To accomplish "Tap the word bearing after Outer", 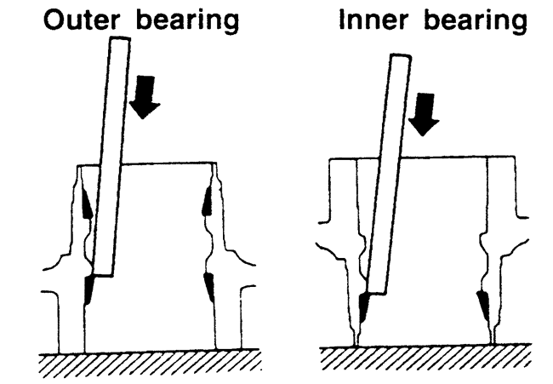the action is click(x=180, y=21).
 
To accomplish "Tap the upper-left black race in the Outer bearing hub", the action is click(x=88, y=203).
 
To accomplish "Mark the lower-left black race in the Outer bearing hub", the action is click(x=89, y=292).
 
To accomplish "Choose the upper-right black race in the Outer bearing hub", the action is click(x=207, y=201).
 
